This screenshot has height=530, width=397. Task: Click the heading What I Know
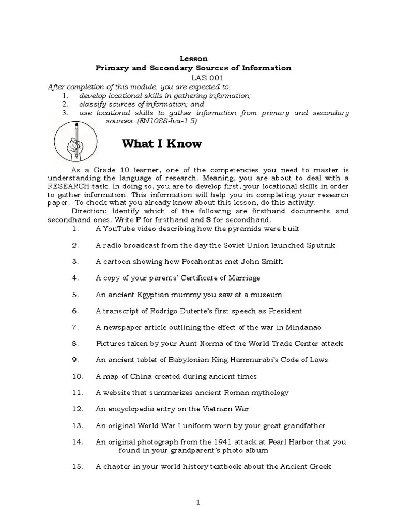[161, 144]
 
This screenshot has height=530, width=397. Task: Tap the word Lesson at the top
[194, 59]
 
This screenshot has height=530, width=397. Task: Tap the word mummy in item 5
[187, 295]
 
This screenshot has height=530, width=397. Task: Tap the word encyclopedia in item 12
[130, 409]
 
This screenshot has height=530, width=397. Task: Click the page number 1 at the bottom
[198, 503]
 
